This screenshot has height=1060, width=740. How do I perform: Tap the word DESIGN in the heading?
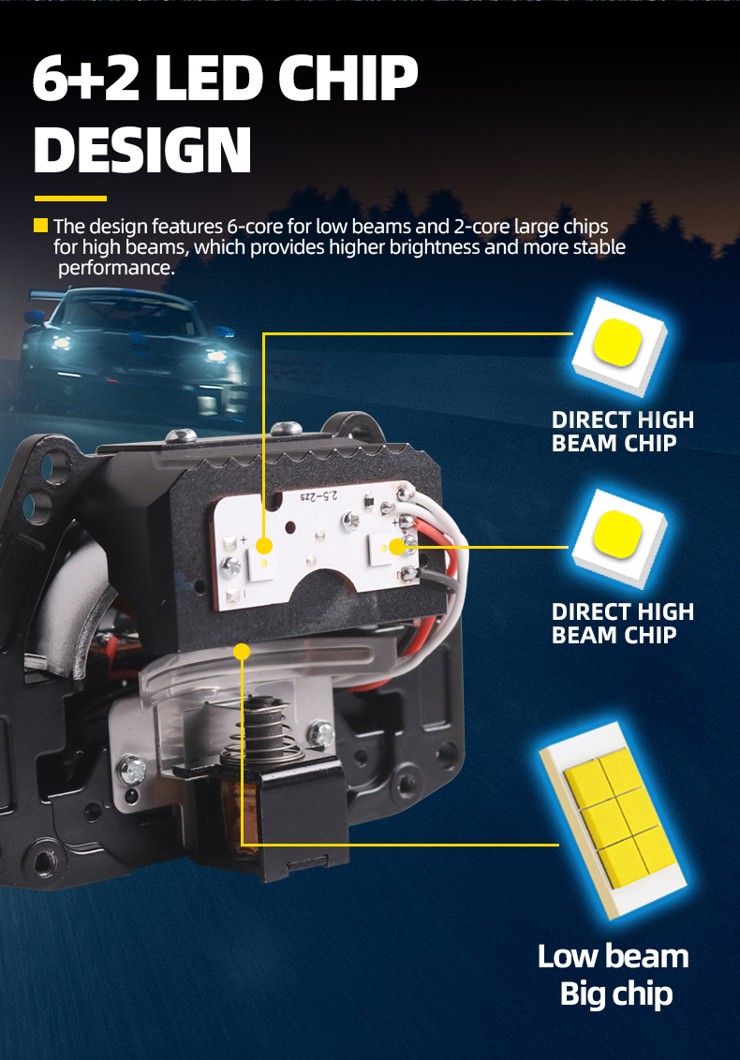(x=142, y=150)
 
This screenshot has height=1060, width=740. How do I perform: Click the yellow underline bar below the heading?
(x=70, y=199)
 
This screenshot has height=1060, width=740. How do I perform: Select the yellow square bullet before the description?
(x=40, y=225)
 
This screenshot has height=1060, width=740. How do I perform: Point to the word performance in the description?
(x=116, y=268)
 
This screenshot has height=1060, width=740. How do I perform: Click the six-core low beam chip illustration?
(x=613, y=820)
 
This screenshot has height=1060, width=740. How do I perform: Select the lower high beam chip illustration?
(x=619, y=537)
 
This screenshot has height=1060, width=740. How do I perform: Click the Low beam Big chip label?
(x=614, y=975)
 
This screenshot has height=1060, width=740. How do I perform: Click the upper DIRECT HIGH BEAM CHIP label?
(x=622, y=432)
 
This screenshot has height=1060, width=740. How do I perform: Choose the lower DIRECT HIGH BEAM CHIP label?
(x=622, y=624)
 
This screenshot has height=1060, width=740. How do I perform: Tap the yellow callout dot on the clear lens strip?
(x=242, y=652)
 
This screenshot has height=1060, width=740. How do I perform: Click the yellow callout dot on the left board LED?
(x=264, y=546)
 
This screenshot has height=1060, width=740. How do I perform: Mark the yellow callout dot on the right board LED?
(x=396, y=546)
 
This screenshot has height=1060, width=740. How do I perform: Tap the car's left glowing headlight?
(x=62, y=343)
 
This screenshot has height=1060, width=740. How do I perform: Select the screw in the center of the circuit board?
(x=350, y=519)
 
